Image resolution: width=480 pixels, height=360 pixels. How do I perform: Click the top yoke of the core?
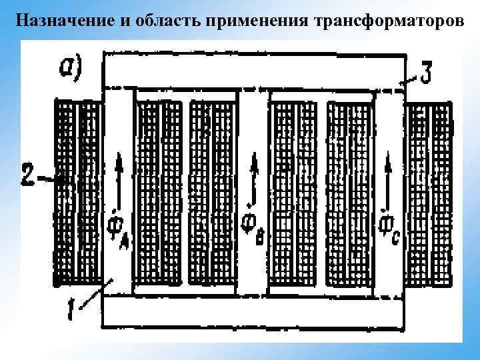(x=253, y=70)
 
